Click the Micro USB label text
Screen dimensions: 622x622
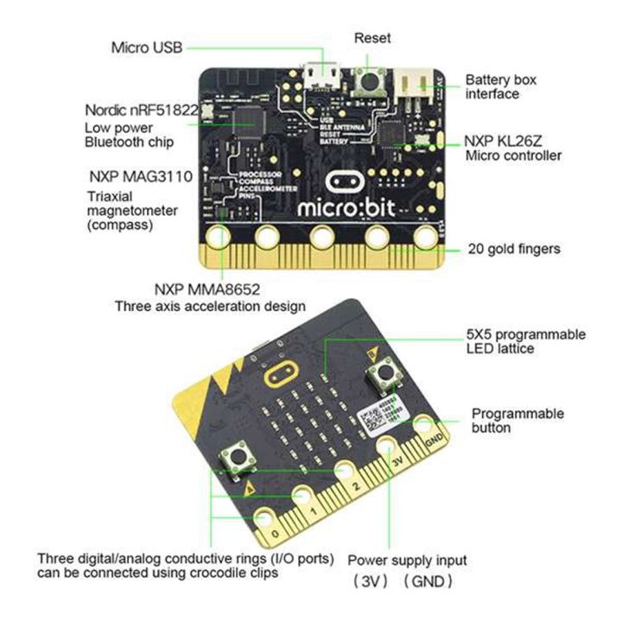tap(146, 47)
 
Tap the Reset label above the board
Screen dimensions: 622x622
tap(372, 38)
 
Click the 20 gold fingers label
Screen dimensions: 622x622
tap(513, 249)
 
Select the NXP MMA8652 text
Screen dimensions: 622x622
tap(207, 289)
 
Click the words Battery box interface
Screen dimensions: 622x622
tap(501, 86)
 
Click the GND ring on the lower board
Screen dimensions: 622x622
tap(425, 426)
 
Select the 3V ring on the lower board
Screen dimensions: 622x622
tap(388, 447)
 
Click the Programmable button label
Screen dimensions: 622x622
tap(517, 420)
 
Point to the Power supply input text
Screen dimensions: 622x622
tap(407, 560)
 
